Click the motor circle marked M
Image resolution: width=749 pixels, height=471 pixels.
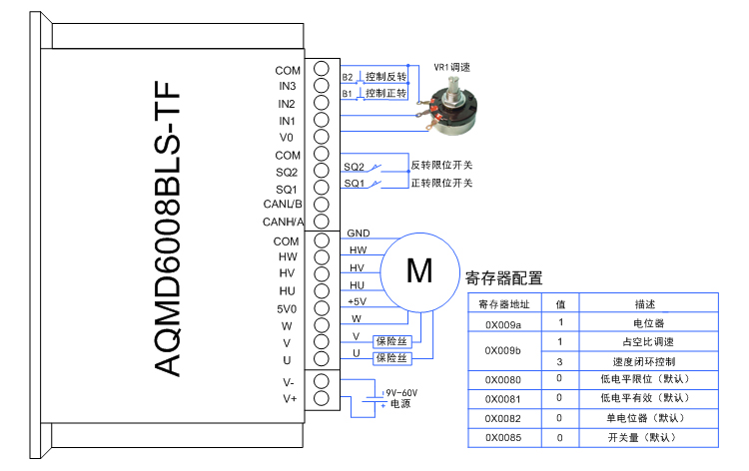[x=420, y=269]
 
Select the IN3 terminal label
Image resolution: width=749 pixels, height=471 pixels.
[x=288, y=87]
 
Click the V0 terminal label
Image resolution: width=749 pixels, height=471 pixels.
[x=288, y=138]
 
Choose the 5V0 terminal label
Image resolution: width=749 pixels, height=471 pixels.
[x=287, y=308]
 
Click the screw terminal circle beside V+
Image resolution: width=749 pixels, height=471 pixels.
[x=322, y=398]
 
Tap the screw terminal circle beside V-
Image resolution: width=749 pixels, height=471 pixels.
[x=322, y=381]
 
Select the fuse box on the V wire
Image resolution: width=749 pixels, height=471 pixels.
[x=391, y=340]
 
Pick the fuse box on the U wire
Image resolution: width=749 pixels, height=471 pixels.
[x=391, y=357]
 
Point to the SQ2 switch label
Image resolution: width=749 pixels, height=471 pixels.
[x=355, y=167]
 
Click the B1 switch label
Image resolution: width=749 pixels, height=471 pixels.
[x=348, y=93]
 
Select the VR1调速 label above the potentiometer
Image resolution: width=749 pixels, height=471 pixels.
[x=451, y=67]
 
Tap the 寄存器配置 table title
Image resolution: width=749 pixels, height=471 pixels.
[x=504, y=279]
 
